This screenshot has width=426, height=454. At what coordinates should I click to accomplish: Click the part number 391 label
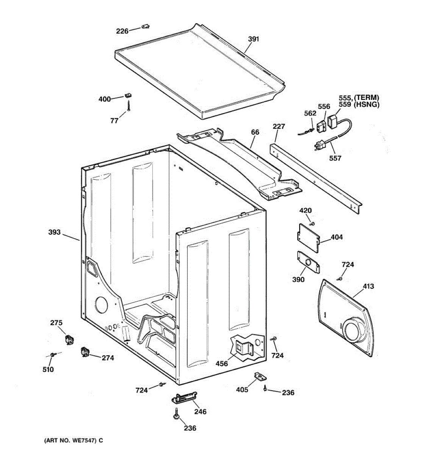[x=253, y=39]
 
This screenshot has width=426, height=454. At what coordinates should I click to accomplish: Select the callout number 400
[x=105, y=99]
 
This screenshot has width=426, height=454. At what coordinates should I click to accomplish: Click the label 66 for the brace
[x=255, y=132]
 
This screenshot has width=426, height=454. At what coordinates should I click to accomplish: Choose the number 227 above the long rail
[x=279, y=126]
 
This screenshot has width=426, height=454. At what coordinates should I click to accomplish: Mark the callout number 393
[x=55, y=232]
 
